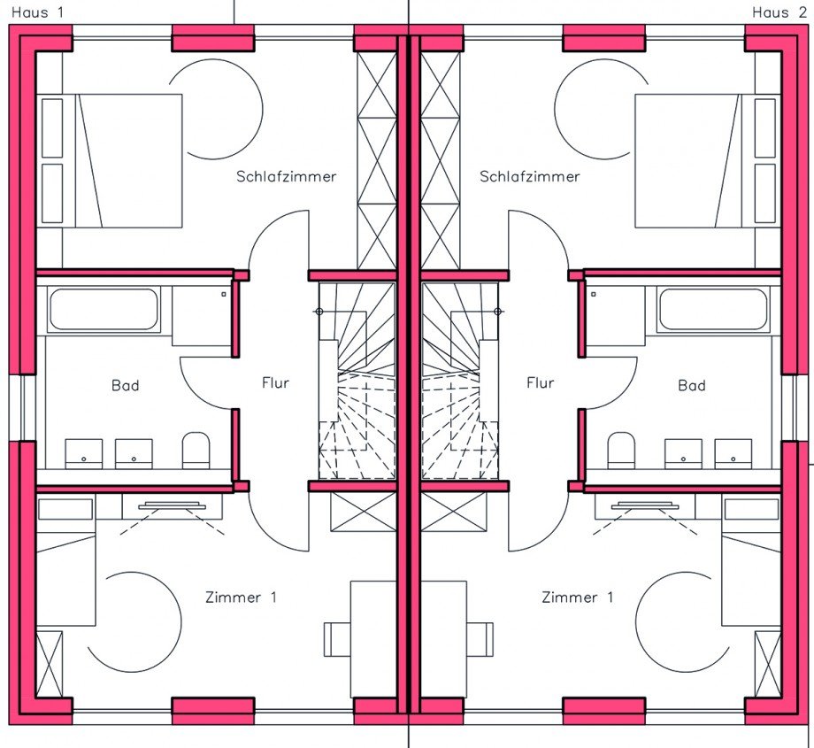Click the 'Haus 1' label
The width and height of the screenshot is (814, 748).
37,12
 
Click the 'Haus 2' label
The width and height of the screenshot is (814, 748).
779,12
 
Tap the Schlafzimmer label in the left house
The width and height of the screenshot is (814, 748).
286,177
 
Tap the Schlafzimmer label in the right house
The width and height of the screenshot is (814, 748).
529,177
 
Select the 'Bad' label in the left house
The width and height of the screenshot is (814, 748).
125,385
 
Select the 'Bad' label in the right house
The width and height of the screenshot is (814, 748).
692,385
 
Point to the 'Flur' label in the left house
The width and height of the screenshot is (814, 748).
275,382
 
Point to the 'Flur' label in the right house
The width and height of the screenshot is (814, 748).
541,382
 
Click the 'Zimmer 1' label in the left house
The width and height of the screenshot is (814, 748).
241,598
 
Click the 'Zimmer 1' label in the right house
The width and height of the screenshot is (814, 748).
577,598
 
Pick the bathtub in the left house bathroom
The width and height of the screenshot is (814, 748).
104,309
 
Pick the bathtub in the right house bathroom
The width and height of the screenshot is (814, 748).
713,309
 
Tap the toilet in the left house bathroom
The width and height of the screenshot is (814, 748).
196,451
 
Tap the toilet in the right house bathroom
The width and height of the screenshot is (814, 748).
621,451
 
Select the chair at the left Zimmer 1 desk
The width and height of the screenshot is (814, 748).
337,639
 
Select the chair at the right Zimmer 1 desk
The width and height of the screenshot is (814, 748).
480,639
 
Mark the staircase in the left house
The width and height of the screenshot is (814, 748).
357,381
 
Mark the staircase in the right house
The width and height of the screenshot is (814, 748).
460,381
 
